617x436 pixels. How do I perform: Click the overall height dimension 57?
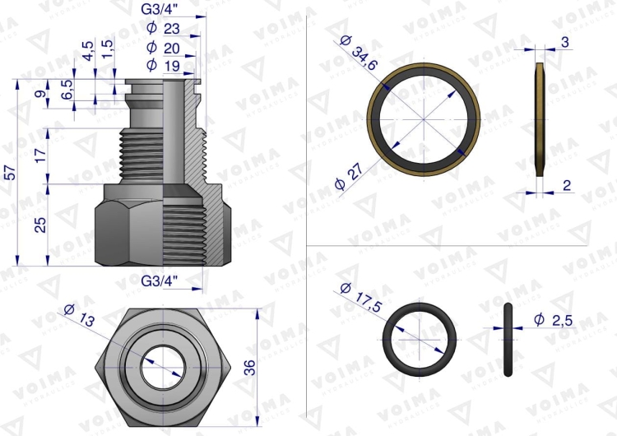11,173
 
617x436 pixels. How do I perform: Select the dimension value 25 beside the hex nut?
41,225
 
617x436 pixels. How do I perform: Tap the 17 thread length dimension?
41,155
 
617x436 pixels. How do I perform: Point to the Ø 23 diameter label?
163,28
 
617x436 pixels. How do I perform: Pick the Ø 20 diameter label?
163,48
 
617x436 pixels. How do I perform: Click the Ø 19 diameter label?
163,65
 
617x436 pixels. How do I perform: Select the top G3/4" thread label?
160,10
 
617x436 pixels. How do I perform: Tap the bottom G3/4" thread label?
160,281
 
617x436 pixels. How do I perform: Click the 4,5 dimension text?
89,51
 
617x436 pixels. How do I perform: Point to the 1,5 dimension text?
107,49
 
